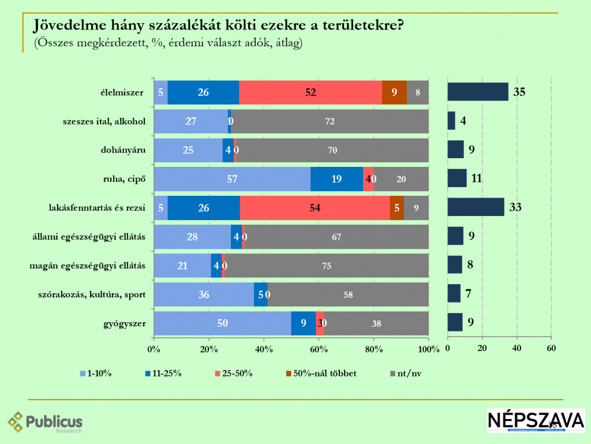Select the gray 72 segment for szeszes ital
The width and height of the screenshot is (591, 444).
330,121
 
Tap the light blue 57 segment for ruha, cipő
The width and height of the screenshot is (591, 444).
232,179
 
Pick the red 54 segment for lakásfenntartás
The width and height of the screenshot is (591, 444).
315,208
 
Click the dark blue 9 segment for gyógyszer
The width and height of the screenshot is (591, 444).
303,323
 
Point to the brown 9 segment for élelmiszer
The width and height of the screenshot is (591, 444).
394,92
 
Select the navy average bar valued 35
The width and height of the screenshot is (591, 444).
478,92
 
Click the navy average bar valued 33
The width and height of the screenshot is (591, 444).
476,207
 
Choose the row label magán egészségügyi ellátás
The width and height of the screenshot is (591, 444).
87,266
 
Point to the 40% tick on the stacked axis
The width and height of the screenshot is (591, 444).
264,349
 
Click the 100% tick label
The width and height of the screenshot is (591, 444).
429,349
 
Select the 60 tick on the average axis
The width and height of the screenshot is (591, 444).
551,348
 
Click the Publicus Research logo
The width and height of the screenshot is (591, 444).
45,421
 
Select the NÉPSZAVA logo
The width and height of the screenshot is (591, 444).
536,420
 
